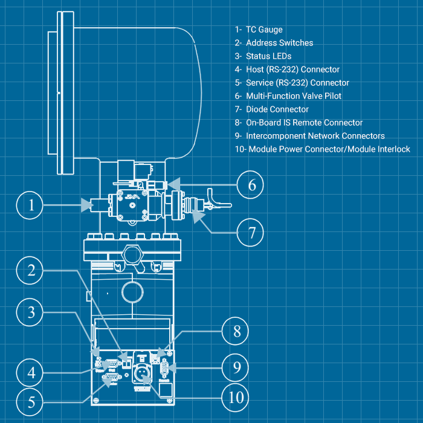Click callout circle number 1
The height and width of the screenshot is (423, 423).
coord(31,207)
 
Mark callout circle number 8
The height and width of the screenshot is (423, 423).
coord(237,331)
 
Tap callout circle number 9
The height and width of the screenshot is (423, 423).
coord(237,367)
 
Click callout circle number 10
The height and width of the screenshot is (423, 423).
coord(237,397)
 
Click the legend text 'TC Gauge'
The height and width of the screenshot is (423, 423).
coord(264,30)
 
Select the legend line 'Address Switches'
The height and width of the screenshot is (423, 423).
coord(279,43)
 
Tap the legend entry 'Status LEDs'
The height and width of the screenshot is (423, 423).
coord(268,56)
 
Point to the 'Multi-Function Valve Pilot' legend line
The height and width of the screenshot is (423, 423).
coord(294,96)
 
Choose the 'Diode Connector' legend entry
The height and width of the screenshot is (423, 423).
coord(277,109)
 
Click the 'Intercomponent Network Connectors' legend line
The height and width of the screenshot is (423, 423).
coord(315,136)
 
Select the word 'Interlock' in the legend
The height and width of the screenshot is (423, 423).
coord(392,149)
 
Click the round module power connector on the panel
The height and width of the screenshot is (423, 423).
coord(140,372)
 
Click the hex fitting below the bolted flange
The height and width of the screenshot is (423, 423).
coord(132,252)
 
